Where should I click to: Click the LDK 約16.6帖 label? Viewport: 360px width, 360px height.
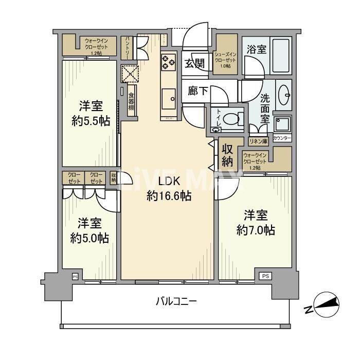169,189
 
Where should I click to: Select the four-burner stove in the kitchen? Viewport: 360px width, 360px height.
169,61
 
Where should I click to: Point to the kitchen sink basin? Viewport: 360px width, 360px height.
168,97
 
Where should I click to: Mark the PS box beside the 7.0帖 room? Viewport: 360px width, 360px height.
265,276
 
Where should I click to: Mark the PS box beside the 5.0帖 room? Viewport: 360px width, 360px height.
75,276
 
